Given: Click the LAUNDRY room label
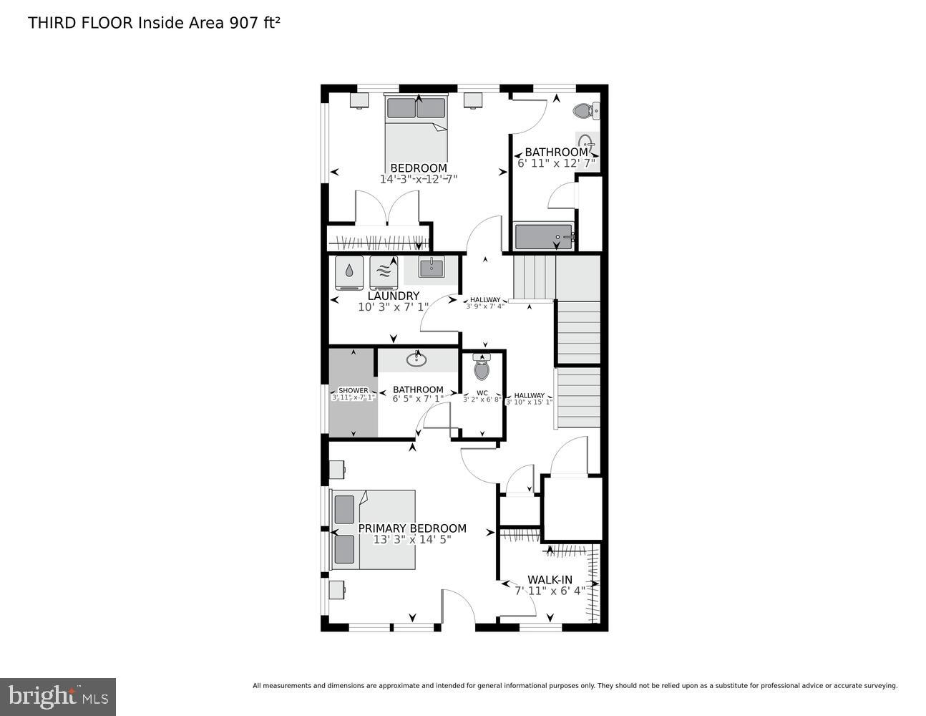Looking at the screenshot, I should pyautogui.click(x=393, y=296).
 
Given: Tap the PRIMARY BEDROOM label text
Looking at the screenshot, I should pyautogui.click(x=411, y=528).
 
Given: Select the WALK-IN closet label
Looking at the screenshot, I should pyautogui.click(x=550, y=579).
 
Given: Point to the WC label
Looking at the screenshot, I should pyautogui.click(x=482, y=392).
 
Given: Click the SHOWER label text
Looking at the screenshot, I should pyautogui.click(x=353, y=390).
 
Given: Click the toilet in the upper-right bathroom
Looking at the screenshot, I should pyautogui.click(x=585, y=111).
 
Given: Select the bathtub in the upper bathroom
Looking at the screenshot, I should pyautogui.click(x=544, y=236).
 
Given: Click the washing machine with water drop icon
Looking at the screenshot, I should pyautogui.click(x=349, y=272).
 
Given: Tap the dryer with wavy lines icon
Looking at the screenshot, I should pyautogui.click(x=384, y=272).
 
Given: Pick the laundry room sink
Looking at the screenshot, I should pyautogui.click(x=431, y=268).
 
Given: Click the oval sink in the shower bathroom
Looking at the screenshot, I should pyautogui.click(x=416, y=359).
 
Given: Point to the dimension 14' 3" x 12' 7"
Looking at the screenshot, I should pyautogui.click(x=418, y=179).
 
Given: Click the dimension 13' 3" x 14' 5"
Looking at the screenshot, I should pyautogui.click(x=411, y=540).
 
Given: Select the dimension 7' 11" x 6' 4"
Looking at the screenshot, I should pyautogui.click(x=550, y=591).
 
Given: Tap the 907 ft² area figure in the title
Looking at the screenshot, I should pyautogui.click(x=254, y=23).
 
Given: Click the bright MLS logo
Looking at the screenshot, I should pyautogui.click(x=57, y=696).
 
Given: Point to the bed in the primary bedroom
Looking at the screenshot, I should pyautogui.click(x=374, y=530).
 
